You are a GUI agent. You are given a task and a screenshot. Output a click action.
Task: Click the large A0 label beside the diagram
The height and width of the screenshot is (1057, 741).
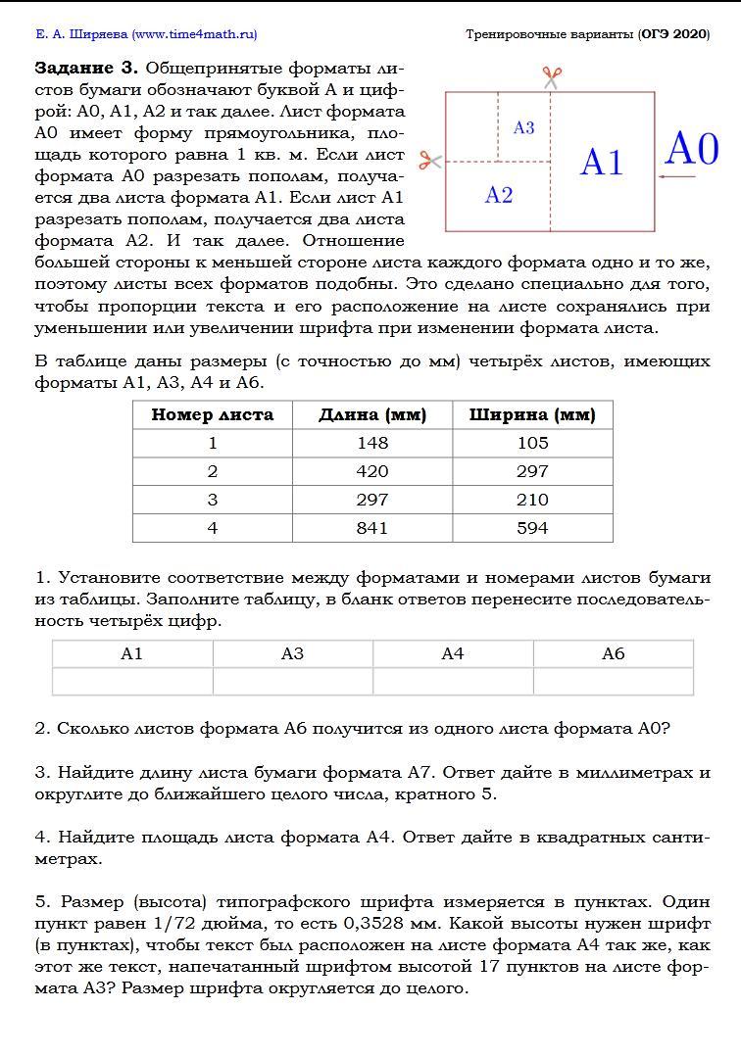click(x=692, y=149)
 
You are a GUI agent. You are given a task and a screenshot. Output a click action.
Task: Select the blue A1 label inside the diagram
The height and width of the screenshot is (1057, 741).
click(x=601, y=162)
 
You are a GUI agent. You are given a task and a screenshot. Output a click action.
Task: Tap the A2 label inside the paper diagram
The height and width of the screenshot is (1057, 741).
click(x=499, y=196)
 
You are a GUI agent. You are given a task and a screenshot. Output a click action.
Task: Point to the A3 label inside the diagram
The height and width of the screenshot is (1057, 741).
click(x=523, y=128)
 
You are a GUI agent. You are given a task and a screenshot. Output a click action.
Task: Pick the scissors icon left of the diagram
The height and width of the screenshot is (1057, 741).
click(x=429, y=161)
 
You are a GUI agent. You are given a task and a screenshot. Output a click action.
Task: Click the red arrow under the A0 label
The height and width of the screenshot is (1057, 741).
click(x=675, y=177)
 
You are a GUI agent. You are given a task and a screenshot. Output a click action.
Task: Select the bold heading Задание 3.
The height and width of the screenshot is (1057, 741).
click(x=87, y=69)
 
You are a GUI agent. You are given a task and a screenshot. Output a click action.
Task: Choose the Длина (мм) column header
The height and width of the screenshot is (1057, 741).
click(x=372, y=414)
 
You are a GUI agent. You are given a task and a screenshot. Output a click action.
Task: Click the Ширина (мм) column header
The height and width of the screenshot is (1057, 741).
click(x=532, y=414)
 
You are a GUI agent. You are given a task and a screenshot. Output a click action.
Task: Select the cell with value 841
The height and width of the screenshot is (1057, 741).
click(x=372, y=528)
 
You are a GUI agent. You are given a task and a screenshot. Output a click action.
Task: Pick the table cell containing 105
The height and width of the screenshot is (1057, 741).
click(x=532, y=443)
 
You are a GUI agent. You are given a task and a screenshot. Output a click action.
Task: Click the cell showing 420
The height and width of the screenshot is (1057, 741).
click(x=372, y=471)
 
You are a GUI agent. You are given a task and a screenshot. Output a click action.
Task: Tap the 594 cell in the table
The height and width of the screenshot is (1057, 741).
click(x=532, y=528)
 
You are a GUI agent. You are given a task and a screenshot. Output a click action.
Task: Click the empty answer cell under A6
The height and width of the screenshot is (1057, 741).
click(x=613, y=681)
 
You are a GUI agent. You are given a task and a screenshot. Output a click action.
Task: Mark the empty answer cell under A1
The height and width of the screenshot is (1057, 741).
click(x=132, y=681)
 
